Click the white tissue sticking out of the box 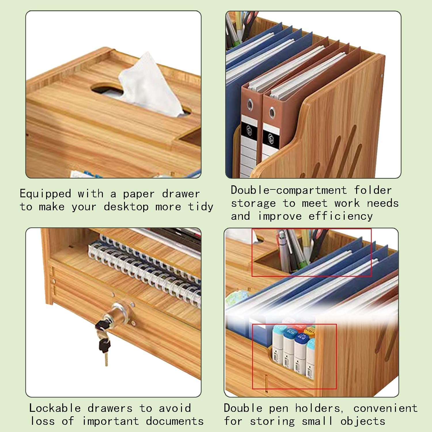(150, 86)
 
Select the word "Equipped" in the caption (45, 194)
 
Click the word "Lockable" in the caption (55, 408)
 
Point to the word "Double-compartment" (289, 190)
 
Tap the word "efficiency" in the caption (340, 216)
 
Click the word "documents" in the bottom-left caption (175, 421)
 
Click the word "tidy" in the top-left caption (200, 207)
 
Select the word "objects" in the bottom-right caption (363, 421)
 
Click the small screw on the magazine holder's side (382, 76)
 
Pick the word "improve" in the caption (280, 216)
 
